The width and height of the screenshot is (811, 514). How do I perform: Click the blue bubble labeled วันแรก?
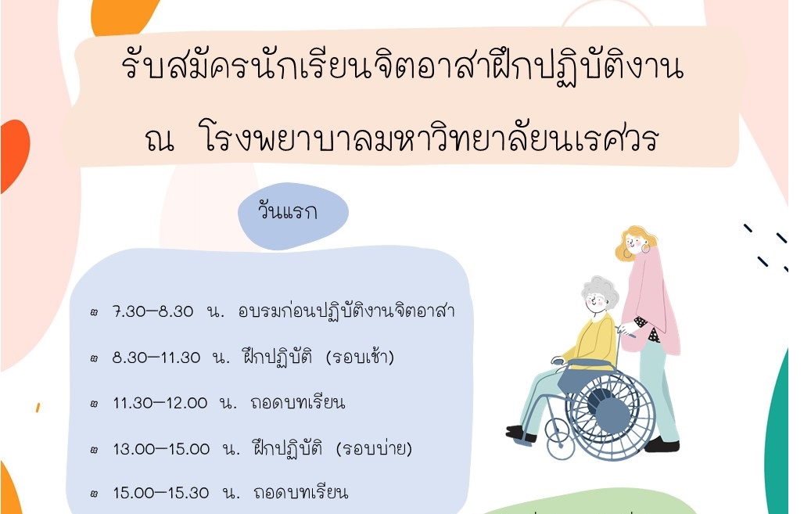point(292,215)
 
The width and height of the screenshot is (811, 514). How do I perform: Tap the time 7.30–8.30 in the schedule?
point(153,311)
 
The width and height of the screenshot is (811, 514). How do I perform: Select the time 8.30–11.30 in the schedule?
point(156,358)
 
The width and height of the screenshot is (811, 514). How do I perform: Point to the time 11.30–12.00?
point(160,403)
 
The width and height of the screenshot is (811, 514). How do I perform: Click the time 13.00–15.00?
point(161,448)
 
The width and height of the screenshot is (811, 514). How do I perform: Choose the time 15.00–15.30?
point(161,492)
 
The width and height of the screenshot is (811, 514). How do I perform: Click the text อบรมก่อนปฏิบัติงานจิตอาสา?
point(346,310)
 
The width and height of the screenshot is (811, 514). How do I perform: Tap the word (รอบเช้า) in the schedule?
point(360,357)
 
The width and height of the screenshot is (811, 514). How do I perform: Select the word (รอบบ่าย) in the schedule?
point(374,448)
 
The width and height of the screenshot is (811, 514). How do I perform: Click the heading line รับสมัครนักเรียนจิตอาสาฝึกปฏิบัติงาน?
point(403,68)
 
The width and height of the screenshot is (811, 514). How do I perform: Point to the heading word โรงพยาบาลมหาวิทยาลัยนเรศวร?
point(429,138)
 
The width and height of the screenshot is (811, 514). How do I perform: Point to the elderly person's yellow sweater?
point(595,342)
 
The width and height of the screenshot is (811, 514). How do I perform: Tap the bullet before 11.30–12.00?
point(94,404)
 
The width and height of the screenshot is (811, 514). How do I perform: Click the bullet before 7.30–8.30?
point(94,313)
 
